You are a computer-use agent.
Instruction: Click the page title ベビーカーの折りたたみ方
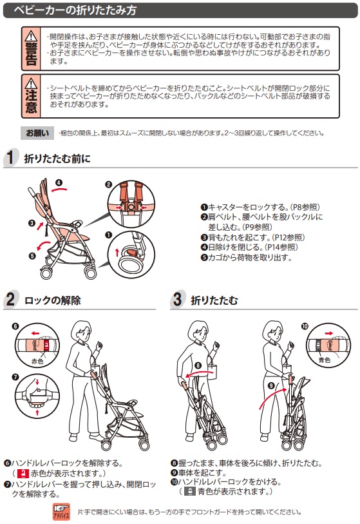75,10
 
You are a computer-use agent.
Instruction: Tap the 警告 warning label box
31,48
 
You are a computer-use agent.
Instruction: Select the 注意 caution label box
31,96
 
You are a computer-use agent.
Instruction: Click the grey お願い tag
37,133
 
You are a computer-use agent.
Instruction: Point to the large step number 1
11,157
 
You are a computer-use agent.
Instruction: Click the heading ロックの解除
52,300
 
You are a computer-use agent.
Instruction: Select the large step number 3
177,299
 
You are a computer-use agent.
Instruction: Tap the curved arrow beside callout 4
59,189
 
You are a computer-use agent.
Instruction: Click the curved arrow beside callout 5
43,246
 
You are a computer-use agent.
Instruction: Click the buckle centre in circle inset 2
131,207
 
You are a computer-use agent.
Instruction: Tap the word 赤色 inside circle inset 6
37,361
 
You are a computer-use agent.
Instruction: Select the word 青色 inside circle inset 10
324,360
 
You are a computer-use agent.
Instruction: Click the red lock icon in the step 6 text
23,474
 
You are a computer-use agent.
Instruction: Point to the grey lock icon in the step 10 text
189,491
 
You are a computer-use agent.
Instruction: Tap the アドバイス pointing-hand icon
61,511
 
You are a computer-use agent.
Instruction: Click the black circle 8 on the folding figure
198,365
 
